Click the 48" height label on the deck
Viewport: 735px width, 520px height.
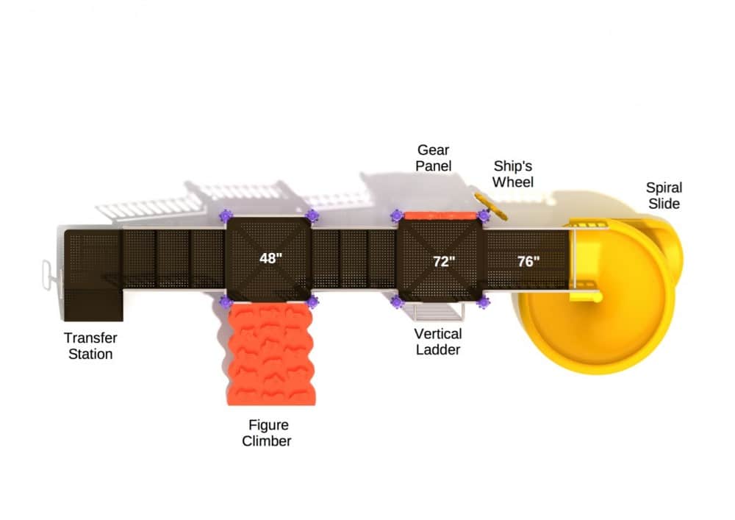pos(271,258)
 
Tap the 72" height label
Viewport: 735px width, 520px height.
pos(444,261)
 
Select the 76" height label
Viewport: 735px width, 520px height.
pos(528,261)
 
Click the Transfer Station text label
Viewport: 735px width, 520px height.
pos(89,346)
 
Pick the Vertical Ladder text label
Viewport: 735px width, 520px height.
pos(438,341)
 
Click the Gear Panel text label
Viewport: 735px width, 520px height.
pos(433,158)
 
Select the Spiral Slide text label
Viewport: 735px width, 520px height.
pos(664,195)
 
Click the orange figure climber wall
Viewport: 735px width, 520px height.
pos(270,355)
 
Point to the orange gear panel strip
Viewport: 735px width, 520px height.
pos(440,216)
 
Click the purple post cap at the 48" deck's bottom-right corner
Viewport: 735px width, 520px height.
pos(312,302)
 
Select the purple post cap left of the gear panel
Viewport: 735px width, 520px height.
pos(397,216)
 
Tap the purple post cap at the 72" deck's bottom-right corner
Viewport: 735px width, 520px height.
pos(483,302)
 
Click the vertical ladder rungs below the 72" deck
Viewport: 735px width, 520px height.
pos(439,312)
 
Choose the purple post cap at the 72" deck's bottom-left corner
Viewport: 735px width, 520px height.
pos(397,302)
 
